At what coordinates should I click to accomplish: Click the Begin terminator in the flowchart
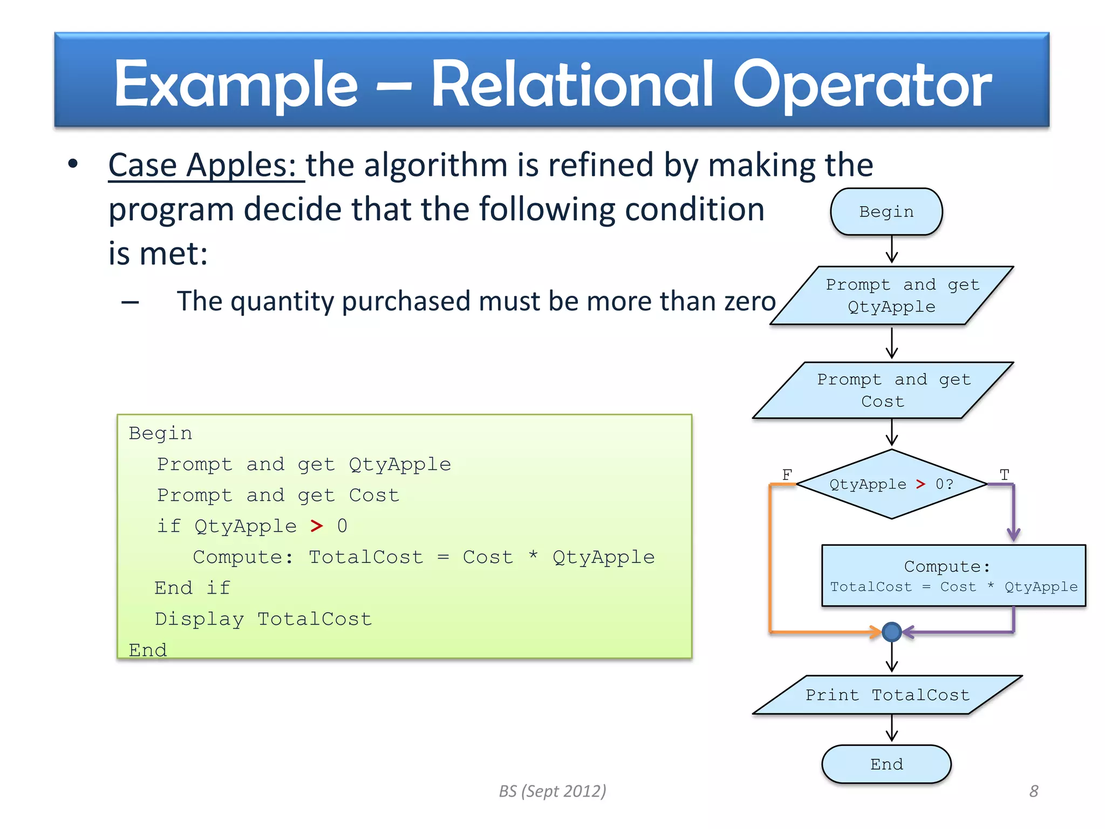[886, 212]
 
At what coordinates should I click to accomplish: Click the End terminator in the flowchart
[886, 764]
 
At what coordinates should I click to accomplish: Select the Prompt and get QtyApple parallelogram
[891, 295]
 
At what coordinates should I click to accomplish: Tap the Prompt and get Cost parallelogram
[883, 390]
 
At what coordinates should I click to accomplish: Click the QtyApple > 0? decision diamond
[891, 484]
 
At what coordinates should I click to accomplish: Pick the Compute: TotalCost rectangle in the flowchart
[953, 576]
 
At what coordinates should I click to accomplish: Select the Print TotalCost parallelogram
[887, 695]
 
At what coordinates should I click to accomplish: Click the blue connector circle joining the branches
[891, 631]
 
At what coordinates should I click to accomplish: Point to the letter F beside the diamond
[787, 474]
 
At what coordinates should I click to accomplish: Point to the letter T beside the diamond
[1004, 474]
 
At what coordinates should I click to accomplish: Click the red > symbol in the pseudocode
[317, 526]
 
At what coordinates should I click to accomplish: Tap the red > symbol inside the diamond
[920, 484]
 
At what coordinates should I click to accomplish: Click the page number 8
[1033, 791]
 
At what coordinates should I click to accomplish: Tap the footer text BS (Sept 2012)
[552, 791]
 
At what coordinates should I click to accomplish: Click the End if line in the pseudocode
[192, 588]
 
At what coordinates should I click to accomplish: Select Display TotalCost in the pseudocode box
[263, 619]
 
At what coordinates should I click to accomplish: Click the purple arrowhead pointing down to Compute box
[1013, 534]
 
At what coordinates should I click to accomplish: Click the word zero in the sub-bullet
[749, 301]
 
